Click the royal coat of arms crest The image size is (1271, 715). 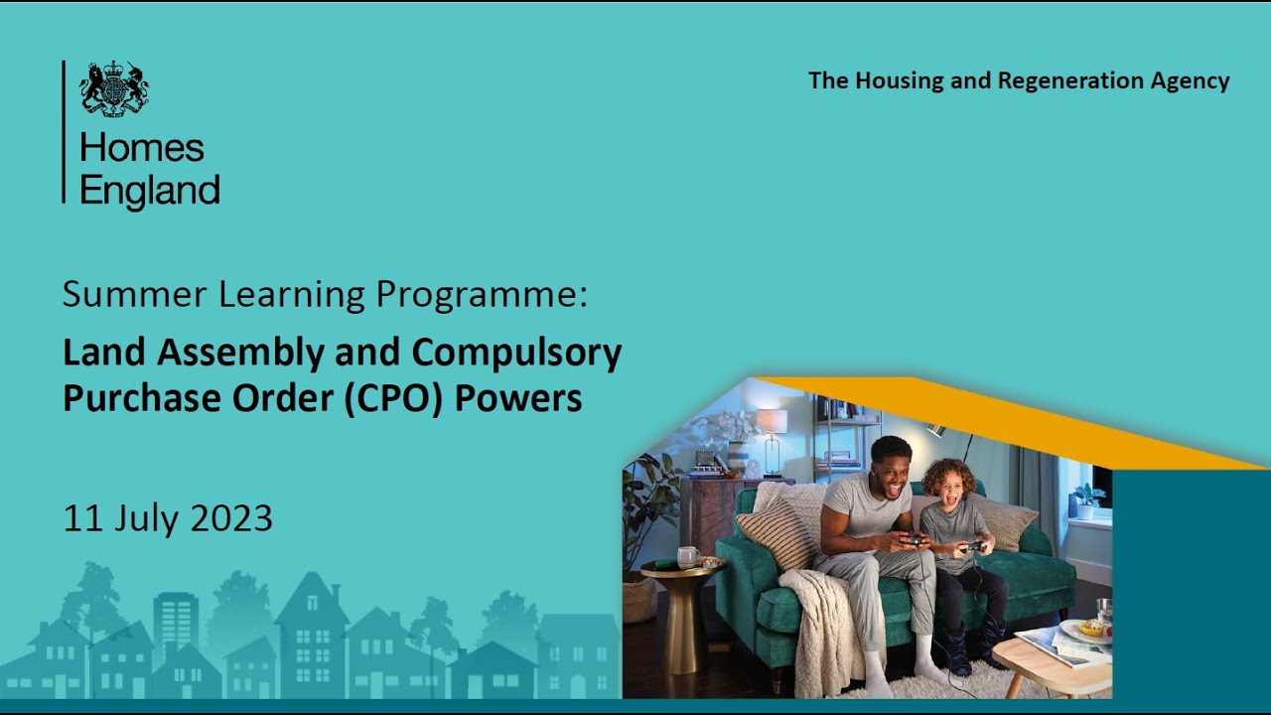point(114,88)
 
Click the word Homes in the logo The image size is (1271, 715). point(141,148)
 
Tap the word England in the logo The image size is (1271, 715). point(149,190)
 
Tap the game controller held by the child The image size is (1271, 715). point(973,545)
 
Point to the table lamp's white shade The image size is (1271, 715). point(771,421)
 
